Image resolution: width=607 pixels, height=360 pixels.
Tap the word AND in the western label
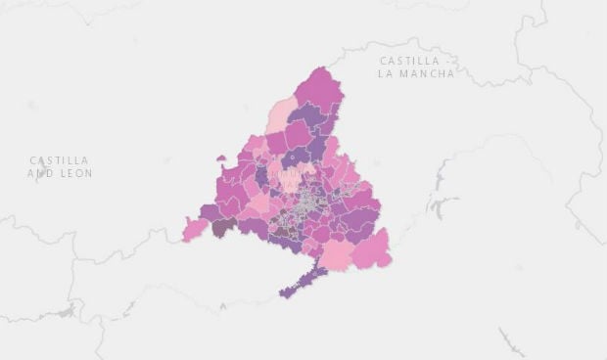(42, 173)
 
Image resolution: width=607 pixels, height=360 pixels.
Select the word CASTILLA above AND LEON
(59, 160)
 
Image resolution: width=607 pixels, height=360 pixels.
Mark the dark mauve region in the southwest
(224, 226)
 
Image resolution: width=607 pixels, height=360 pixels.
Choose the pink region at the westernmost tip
(195, 231)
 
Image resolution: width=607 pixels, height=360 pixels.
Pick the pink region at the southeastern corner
(372, 249)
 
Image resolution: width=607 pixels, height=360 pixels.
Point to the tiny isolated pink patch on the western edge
(221, 157)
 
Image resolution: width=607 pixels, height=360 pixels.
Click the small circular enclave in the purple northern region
(290, 155)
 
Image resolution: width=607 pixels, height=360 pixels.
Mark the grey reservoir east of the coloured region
(443, 206)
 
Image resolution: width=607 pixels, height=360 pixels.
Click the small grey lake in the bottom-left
(66, 311)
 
